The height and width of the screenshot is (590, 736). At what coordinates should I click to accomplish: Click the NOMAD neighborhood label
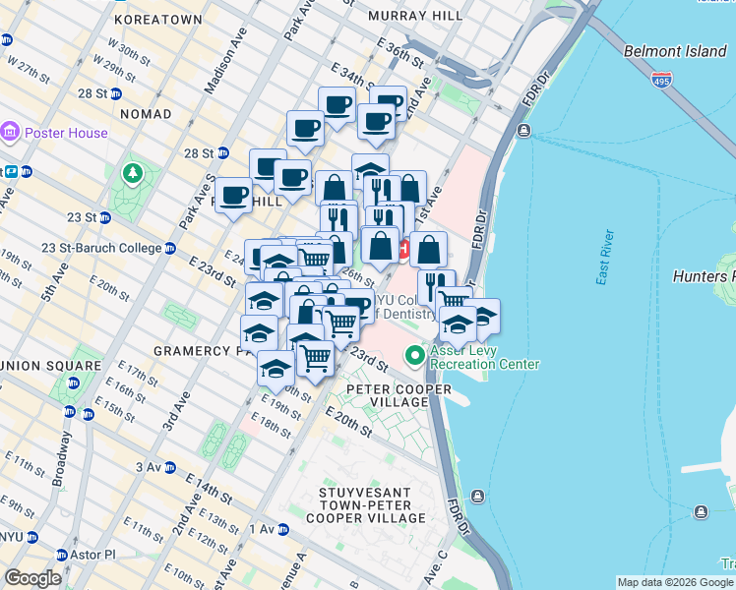click(146, 115)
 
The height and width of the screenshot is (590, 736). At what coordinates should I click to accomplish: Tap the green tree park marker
click(132, 174)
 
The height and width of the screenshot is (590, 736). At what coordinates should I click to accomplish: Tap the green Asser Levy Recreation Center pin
click(415, 354)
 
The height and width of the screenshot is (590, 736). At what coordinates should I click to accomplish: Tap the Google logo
click(34, 578)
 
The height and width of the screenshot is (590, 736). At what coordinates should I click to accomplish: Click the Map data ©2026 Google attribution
click(675, 582)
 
